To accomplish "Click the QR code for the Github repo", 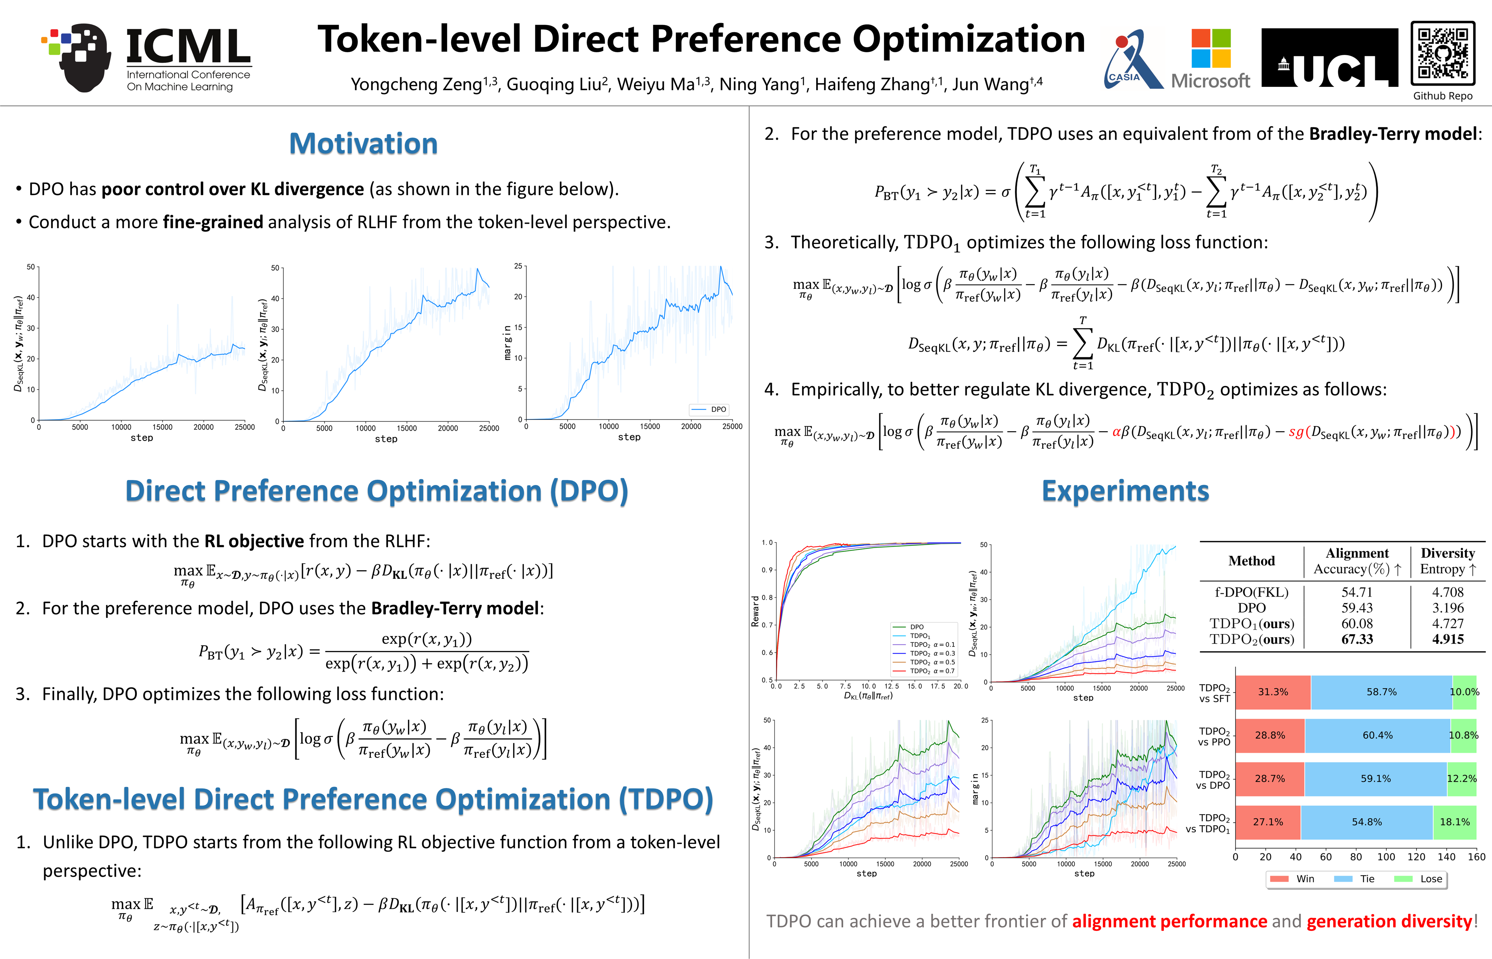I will [1442, 54].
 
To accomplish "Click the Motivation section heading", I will [363, 144].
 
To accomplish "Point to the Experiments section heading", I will [1125, 491].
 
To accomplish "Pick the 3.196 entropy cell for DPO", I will [1447, 608].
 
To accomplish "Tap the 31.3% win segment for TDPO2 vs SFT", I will [1273, 692].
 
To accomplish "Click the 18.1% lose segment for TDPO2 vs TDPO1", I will [1455, 822].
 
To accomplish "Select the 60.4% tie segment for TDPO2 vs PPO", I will [1377, 736].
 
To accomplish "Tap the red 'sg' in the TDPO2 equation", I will [1296, 432].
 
